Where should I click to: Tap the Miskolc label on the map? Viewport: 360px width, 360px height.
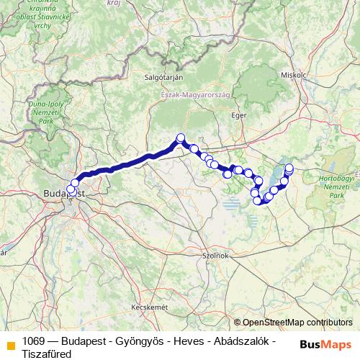(x=294, y=74)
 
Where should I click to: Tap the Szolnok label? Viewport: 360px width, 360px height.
(x=215, y=255)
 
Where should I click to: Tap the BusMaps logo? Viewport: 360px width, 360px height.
(x=325, y=343)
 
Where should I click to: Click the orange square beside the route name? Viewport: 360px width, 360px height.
(x=9, y=344)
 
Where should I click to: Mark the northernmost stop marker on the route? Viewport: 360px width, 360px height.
(x=181, y=138)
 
